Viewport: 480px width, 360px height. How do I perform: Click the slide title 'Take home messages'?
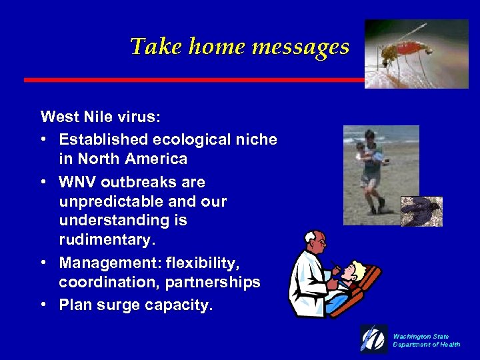coord(239,47)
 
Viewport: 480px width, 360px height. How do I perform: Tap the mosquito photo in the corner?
coord(416,53)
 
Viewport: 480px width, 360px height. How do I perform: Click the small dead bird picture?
coord(421,211)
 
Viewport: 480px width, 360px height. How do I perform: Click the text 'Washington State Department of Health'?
coord(426,341)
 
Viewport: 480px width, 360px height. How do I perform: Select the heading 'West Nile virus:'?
coord(100,117)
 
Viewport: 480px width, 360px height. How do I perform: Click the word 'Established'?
coord(102,139)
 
